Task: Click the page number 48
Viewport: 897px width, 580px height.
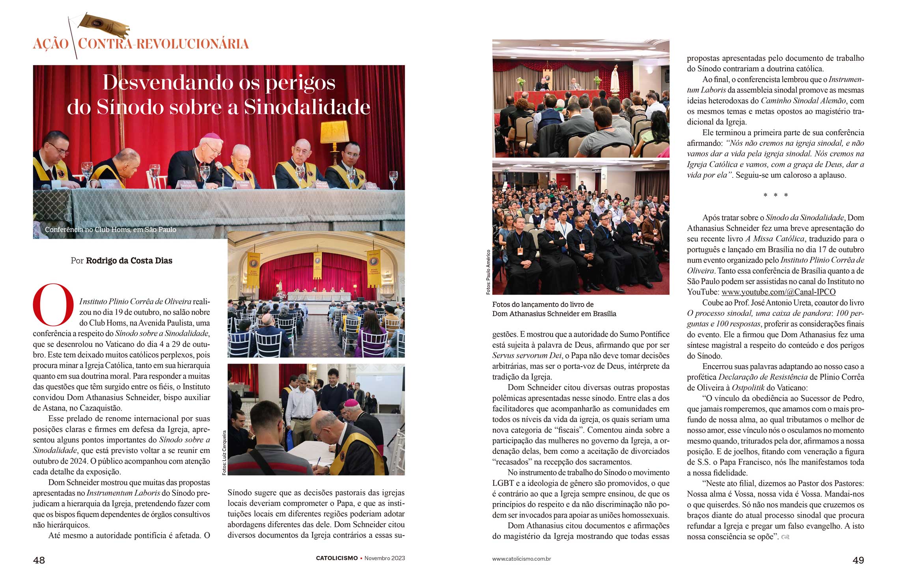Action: click(39, 560)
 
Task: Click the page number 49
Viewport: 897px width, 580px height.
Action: click(858, 560)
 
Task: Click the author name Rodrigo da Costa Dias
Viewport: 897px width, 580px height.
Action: click(129, 261)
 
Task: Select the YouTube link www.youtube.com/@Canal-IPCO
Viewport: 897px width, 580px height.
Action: click(778, 292)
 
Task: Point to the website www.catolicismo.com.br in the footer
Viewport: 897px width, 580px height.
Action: click(521, 559)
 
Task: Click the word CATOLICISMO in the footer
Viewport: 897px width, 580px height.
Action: click(337, 558)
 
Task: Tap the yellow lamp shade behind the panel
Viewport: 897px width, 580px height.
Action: click(335, 132)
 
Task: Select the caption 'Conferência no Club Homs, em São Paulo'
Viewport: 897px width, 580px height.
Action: click(110, 229)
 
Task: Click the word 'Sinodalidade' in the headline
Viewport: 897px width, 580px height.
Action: click(307, 107)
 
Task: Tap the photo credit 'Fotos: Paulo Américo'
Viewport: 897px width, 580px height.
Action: click(488, 272)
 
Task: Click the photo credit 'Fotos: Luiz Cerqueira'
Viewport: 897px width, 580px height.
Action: click(224, 452)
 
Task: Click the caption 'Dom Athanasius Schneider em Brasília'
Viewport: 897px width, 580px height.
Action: click(554, 314)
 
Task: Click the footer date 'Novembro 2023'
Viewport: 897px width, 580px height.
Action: click(384, 558)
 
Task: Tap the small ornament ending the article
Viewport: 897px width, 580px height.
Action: click(785, 537)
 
